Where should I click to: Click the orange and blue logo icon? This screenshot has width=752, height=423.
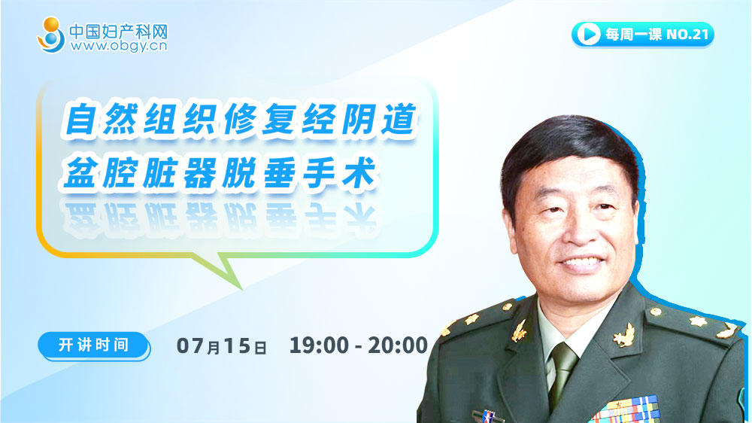(x=51, y=35)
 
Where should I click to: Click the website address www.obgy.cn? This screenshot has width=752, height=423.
(x=119, y=46)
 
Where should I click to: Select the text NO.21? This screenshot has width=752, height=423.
(x=687, y=34)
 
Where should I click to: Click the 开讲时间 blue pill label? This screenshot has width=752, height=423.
(x=94, y=345)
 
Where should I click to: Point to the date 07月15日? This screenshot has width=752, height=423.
(x=221, y=345)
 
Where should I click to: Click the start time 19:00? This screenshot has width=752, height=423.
(x=319, y=345)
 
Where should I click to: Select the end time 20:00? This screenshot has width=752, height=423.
(x=398, y=345)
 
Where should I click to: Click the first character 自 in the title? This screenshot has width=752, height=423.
(x=80, y=119)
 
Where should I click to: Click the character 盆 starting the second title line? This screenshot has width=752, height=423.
(x=80, y=172)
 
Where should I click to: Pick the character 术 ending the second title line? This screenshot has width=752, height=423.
(x=359, y=172)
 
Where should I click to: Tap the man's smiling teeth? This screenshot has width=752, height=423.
(x=582, y=263)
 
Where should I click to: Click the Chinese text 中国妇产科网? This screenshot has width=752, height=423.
(x=119, y=32)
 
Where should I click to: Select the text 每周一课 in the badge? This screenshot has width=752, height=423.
(x=633, y=34)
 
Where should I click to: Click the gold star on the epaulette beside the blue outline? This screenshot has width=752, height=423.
(x=699, y=321)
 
